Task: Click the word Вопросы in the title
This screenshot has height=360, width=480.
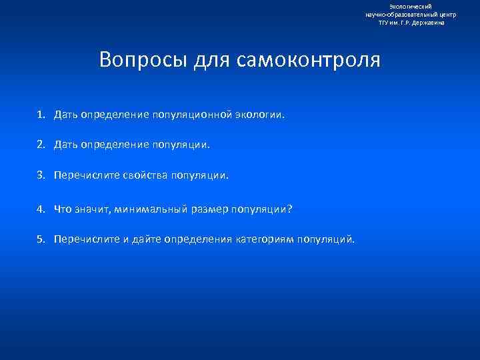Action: [144, 60]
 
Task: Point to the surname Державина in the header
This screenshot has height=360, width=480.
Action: [425, 23]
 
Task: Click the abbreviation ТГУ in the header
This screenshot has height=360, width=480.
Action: [384, 23]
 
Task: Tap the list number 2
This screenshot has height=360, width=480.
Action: [41, 143]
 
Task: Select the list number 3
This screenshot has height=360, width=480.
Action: [41, 176]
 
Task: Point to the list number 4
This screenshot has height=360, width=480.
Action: [41, 209]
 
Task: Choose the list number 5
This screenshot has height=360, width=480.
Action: [41, 239]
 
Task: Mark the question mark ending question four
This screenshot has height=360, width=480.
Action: [289, 209]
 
